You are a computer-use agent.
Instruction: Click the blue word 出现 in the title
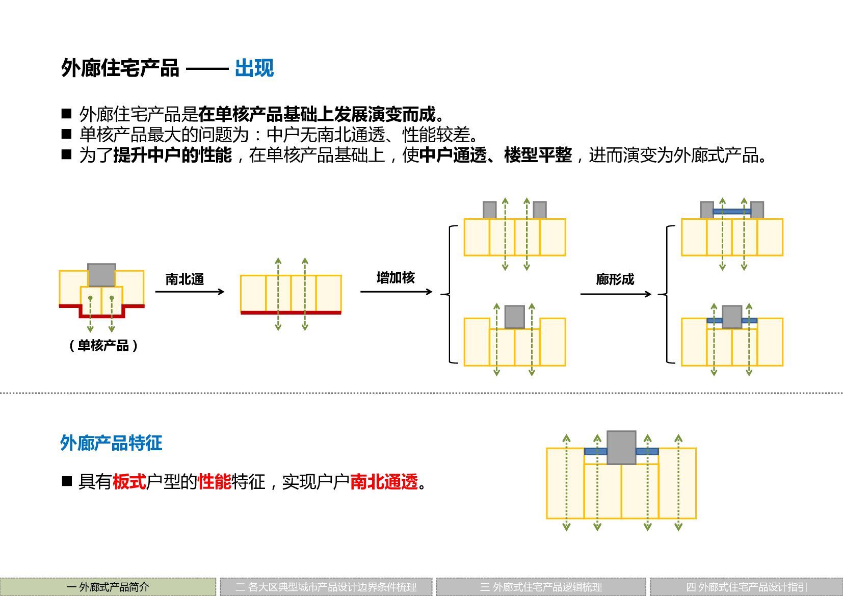(x=254, y=68)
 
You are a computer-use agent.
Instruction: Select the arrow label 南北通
(x=185, y=279)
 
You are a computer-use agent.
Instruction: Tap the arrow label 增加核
(x=396, y=277)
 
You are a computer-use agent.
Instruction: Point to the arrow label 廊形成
(x=615, y=279)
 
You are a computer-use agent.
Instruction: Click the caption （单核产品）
(x=103, y=345)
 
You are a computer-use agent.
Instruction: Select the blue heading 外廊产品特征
(x=111, y=443)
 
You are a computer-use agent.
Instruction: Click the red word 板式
(x=129, y=481)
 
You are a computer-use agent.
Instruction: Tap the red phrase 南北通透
(x=384, y=481)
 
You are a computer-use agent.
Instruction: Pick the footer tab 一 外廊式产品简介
(x=108, y=587)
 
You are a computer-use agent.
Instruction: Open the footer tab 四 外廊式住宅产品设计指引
(x=746, y=587)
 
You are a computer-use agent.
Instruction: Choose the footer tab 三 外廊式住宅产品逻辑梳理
(x=541, y=587)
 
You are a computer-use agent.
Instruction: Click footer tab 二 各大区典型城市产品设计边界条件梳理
(x=326, y=587)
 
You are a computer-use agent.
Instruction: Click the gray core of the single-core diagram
(x=101, y=275)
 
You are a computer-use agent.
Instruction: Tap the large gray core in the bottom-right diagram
(x=621, y=447)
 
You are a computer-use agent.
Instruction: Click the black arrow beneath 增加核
(x=396, y=292)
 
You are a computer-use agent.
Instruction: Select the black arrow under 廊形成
(x=616, y=294)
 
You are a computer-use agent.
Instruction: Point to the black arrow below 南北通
(x=190, y=292)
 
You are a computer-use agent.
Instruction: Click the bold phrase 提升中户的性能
(x=172, y=155)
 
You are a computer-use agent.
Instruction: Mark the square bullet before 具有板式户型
(x=67, y=481)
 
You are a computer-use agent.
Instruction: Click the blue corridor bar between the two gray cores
(x=731, y=211)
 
